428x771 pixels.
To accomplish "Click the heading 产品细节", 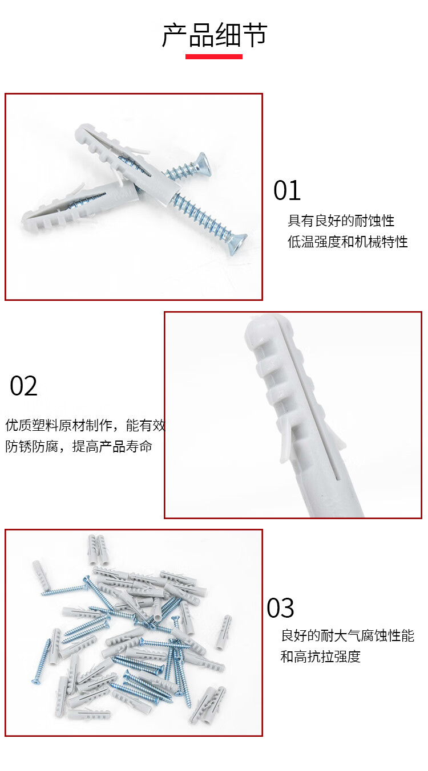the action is tap(215, 35).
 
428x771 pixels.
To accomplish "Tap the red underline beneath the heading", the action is tap(214, 57).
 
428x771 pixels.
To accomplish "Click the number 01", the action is tap(286, 190).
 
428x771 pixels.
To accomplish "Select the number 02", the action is tap(23, 386).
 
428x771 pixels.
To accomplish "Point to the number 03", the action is tap(280, 608).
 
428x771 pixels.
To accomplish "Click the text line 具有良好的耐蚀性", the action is tap(341, 221).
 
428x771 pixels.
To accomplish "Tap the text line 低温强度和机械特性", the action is tap(348, 242).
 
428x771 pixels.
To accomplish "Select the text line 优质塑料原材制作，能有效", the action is tap(86, 426).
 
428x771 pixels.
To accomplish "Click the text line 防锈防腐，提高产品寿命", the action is tap(79, 446).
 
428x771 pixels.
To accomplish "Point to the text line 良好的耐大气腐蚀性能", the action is tap(348, 635).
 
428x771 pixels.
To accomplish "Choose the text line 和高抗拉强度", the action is tap(321, 656).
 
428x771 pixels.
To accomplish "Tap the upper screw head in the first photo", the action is tap(200, 165).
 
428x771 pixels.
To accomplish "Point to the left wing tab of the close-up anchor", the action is tap(285, 437).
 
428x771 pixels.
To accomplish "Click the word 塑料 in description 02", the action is tap(45, 426).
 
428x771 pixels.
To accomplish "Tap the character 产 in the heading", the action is tap(175, 35).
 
